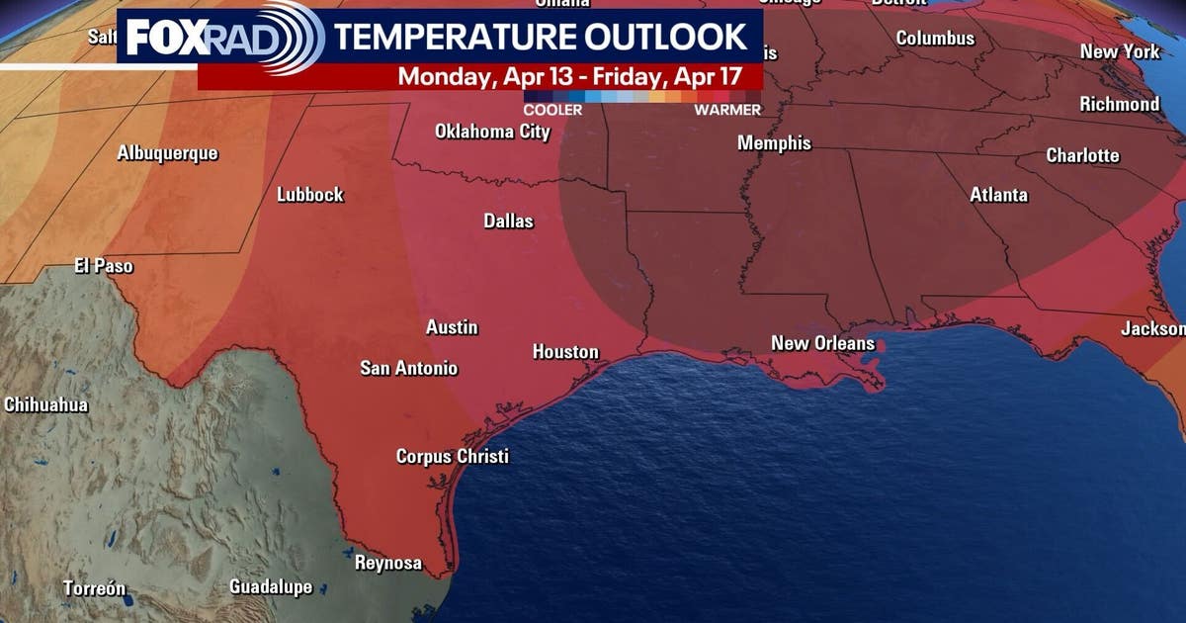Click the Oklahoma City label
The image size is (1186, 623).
coord(492,132)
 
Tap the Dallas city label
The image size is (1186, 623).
coord(508,221)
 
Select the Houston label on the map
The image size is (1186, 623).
coord(565,352)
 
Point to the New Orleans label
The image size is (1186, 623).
coord(822,344)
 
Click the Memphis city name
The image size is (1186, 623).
coord(774,143)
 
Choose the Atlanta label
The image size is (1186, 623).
coord(998,195)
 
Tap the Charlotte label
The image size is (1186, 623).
coord(1082,155)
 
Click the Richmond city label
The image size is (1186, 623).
coord(1119,104)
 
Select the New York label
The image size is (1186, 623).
coord(1119,51)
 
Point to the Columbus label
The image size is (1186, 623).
coord(935,39)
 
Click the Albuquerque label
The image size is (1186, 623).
coord(167,153)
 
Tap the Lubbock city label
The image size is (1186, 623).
coord(309,195)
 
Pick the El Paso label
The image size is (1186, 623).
coord(103,266)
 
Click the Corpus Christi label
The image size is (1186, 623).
coord(452,457)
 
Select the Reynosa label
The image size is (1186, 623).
coord(387,564)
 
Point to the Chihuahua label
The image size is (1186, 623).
coord(45,404)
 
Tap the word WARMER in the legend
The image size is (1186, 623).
coord(726,110)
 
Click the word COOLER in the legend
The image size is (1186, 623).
coord(552,110)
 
